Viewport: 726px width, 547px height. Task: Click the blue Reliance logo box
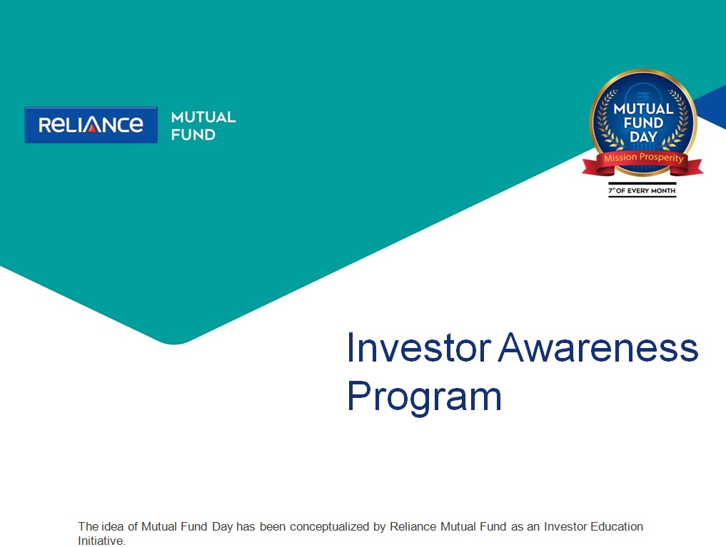[91, 125]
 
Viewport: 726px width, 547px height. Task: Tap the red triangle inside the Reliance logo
[91, 128]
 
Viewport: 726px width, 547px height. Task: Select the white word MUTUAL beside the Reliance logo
[203, 117]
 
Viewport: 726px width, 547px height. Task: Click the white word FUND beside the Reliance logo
[193, 135]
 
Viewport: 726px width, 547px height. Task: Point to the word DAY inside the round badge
[643, 137]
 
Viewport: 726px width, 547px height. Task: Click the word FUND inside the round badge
[643, 123]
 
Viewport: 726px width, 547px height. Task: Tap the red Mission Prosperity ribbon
[642, 162]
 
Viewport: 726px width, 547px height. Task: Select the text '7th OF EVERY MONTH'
[642, 190]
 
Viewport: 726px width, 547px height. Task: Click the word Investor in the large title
[418, 348]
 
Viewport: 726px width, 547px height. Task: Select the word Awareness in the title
[598, 348]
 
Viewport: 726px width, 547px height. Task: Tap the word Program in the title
[424, 397]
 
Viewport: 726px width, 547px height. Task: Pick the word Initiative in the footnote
[101, 541]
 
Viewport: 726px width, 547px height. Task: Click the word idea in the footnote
[113, 526]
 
